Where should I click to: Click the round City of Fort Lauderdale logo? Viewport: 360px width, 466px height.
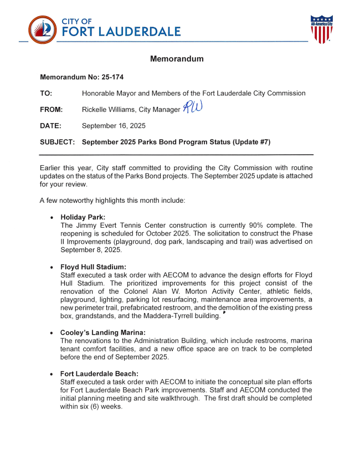click(x=42, y=30)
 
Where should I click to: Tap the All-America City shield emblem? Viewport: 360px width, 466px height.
click(x=321, y=29)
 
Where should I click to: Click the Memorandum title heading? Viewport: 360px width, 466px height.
click(x=177, y=59)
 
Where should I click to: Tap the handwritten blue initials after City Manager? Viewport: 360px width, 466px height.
click(x=192, y=108)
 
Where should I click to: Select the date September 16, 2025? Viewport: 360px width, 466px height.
click(x=114, y=126)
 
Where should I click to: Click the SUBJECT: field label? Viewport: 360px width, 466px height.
click(x=57, y=142)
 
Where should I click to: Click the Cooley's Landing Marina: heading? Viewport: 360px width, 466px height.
click(x=102, y=332)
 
